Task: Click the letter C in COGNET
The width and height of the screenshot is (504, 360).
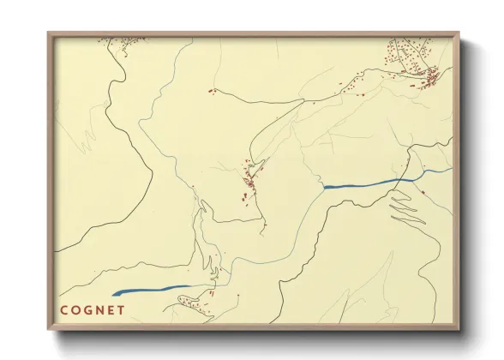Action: pos(64,309)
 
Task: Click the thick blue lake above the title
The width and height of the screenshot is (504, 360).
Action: pos(150,291)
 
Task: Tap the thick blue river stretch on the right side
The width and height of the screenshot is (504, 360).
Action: pos(360,184)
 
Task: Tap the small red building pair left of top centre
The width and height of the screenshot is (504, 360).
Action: pos(210,90)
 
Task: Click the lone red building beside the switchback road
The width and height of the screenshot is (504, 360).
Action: pos(423,193)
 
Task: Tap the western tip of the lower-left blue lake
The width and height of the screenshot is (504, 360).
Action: pos(113,294)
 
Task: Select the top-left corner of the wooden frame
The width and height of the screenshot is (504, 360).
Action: pos(49,33)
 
